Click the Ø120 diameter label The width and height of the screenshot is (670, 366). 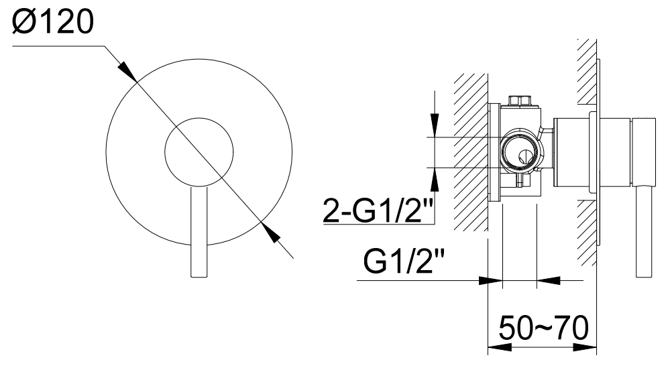pyautogui.click(x=53, y=22)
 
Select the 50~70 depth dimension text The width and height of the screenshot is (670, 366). pyautogui.click(x=543, y=328)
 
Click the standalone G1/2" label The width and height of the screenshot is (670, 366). pyautogui.click(x=404, y=261)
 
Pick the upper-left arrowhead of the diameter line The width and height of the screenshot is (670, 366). pyautogui.click(x=127, y=71)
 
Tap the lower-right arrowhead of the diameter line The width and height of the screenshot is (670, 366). pyautogui.click(x=270, y=233)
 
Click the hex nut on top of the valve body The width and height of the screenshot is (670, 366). pyautogui.click(x=519, y=101)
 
